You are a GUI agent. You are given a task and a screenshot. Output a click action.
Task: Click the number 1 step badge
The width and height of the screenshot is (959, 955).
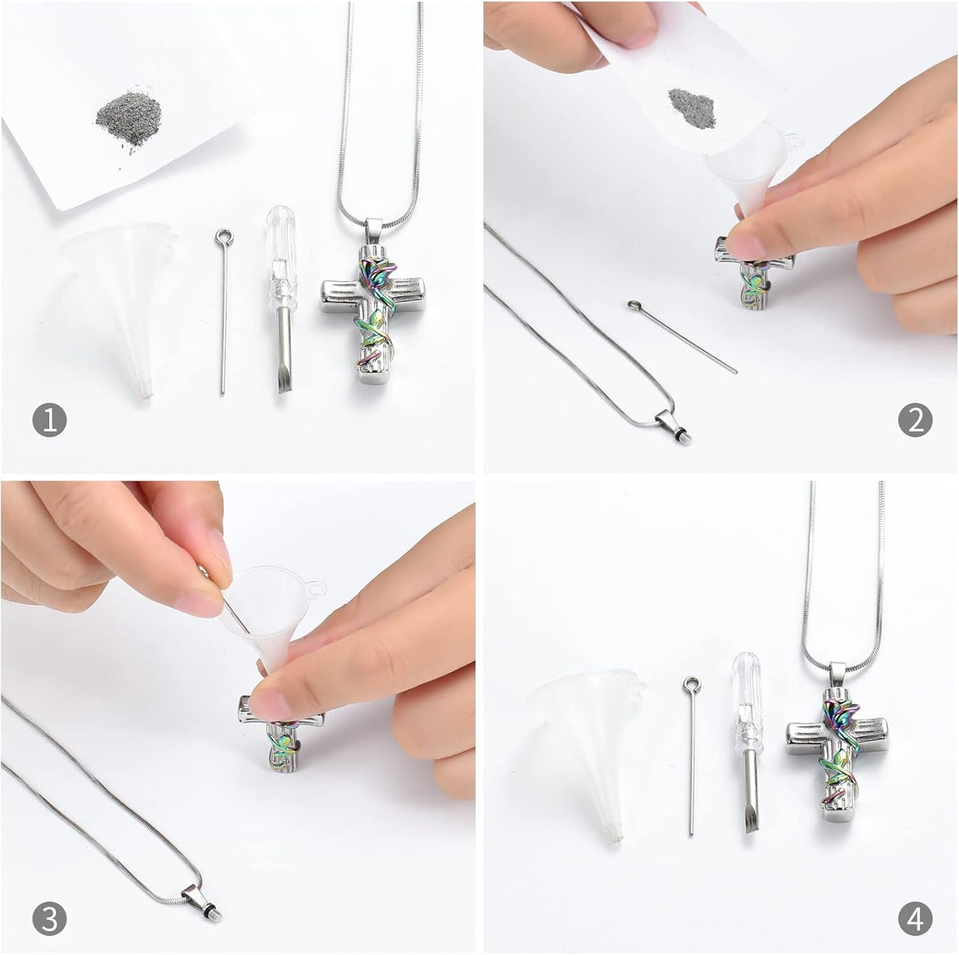pos(50,420)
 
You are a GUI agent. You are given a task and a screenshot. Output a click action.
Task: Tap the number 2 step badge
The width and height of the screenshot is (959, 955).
pos(916,420)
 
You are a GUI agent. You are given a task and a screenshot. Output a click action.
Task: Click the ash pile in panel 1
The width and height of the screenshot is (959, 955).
pos(129,119)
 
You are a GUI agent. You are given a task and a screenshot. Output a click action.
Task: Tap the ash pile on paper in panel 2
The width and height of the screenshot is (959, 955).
pos(693,107)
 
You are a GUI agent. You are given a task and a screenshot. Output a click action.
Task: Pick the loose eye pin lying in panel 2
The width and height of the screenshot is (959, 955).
pos(682,337)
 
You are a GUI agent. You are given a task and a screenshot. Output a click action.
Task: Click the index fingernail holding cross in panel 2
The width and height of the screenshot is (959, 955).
pos(745,246)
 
